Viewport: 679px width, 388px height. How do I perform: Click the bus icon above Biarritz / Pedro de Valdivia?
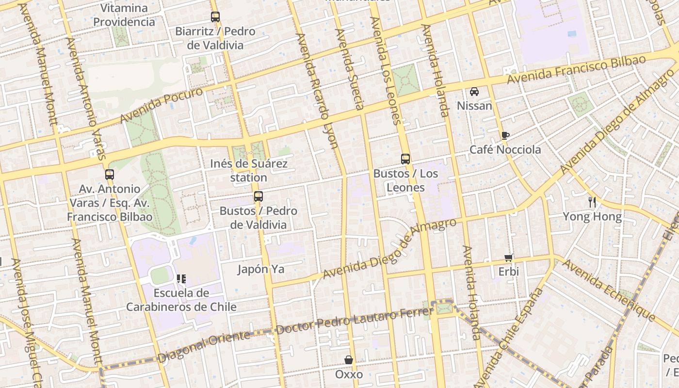215,17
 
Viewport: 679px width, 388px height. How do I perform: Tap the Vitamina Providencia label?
124,15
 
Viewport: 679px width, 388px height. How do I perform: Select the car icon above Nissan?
474,91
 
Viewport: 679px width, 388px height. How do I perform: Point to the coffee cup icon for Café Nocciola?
505,135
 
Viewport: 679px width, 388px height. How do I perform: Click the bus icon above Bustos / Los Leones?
405,159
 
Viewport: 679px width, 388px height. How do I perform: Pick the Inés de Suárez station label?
249,171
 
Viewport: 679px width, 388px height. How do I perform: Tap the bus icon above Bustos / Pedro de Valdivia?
259,196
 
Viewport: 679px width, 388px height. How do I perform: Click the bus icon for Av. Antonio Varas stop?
110,175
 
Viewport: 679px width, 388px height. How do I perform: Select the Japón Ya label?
261,269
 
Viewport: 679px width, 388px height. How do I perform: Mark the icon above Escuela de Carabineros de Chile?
181,279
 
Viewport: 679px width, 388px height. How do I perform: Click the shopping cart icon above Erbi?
508,258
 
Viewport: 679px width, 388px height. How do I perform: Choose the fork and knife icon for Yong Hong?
592,202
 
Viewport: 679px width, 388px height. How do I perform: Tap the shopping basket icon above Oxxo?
349,360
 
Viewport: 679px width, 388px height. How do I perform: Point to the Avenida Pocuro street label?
162,105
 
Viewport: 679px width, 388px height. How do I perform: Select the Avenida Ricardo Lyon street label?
317,90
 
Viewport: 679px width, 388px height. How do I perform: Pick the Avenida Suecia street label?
350,69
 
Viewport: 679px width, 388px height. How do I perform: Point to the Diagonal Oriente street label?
204,346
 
